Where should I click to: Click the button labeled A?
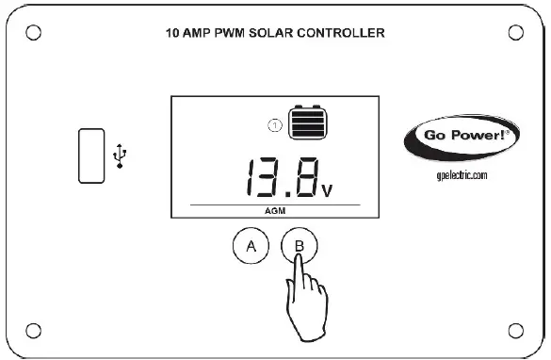(x=251, y=247)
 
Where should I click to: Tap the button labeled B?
(x=300, y=246)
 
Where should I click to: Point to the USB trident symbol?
(x=118, y=155)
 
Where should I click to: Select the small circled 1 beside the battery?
(x=275, y=123)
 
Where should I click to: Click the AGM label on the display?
(x=274, y=212)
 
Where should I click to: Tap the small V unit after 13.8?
(x=326, y=189)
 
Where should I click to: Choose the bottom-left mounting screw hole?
(x=34, y=329)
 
